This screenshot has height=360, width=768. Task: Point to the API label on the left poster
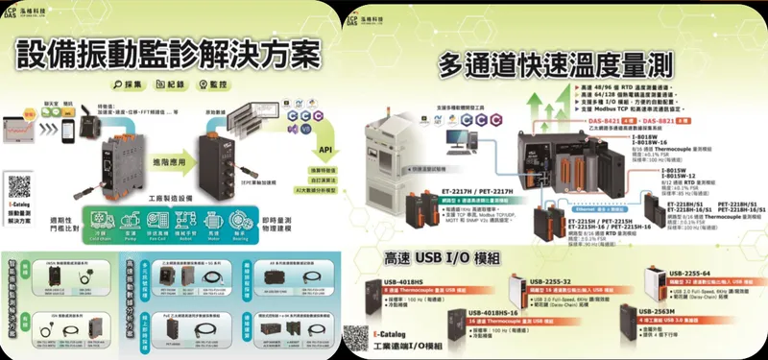tap(324, 150)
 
